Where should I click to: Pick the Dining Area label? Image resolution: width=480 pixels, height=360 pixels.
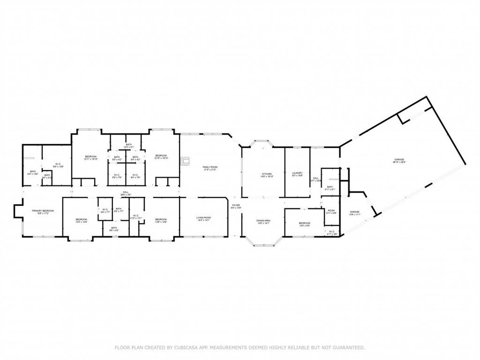coord(263,222)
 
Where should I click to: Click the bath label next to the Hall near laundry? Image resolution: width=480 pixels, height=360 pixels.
coord(330,187)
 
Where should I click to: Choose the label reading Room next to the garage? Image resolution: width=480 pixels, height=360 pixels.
coord(331,211)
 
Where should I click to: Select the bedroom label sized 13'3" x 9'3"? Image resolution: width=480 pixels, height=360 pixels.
coord(304,224)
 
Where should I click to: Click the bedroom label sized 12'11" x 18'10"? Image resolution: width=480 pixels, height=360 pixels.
coord(90,157)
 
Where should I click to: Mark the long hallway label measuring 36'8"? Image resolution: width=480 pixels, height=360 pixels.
coord(126,193)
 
